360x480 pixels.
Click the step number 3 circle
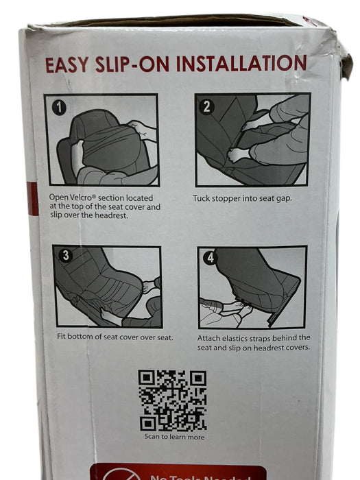(x=66, y=256)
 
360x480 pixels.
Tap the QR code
(x=172, y=400)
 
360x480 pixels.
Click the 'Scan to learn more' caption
(x=173, y=436)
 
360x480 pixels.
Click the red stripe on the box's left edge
(x=33, y=199)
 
